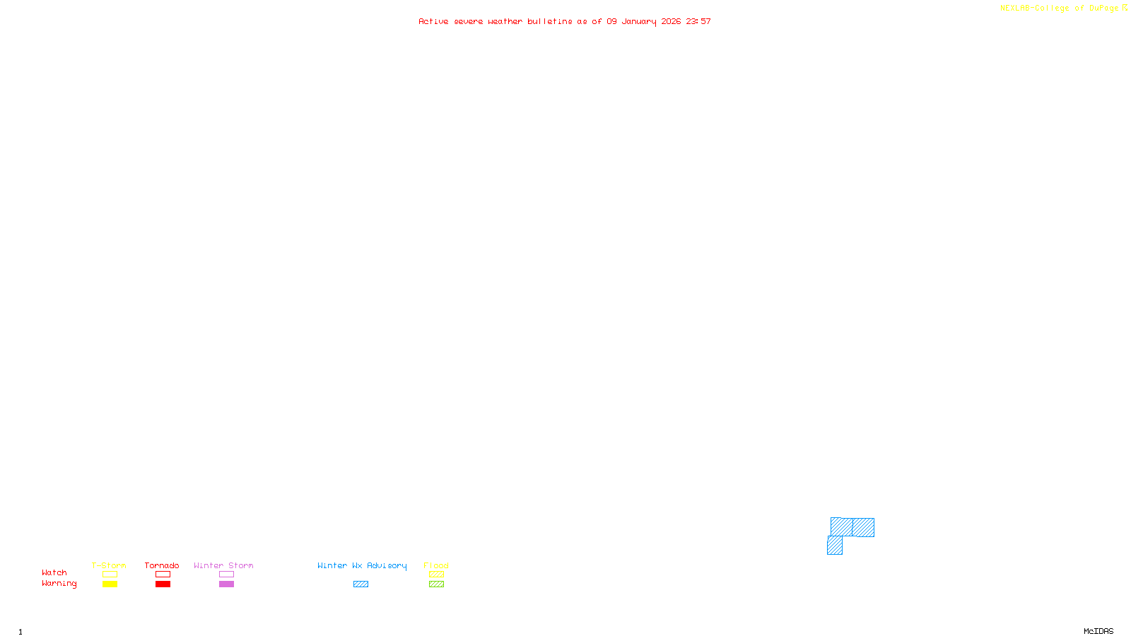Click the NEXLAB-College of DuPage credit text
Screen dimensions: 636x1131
pyautogui.click(x=1060, y=8)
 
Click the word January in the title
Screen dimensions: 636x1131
pyautogui.click(x=638, y=22)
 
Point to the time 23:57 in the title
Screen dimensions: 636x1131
pyautogui.click(x=698, y=22)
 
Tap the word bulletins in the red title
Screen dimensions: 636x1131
pyautogui.click(x=549, y=22)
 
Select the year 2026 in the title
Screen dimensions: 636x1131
pyautogui.click(x=671, y=22)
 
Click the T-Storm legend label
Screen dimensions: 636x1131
pyautogui.click(x=109, y=565)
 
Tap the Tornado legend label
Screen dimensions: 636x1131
pyautogui.click(x=162, y=565)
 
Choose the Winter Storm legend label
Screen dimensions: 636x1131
pyautogui.click(x=223, y=565)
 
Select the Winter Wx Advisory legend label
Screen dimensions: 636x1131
pyautogui.click(x=362, y=565)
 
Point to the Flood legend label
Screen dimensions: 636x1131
pyautogui.click(x=436, y=565)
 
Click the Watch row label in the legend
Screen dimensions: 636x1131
pyautogui.click(x=54, y=573)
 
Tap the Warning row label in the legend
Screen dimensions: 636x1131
pyautogui.click(x=59, y=584)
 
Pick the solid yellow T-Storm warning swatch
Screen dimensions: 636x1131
pyautogui.click(x=110, y=584)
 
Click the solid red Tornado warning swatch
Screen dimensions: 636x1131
pyautogui.click(x=163, y=584)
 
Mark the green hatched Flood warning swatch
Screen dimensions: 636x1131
pyautogui.click(x=436, y=584)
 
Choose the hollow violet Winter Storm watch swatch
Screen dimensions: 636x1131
pyautogui.click(x=226, y=575)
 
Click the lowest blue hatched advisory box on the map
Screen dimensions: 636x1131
pyautogui.click(x=835, y=546)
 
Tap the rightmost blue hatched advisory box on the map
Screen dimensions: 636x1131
pyautogui.click(x=864, y=527)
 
